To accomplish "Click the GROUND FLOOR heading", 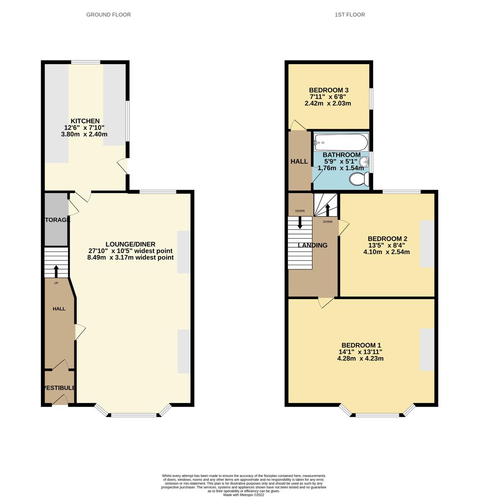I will coord(108,14).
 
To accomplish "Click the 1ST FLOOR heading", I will coord(350,14).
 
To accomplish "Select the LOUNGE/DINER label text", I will coord(130,244).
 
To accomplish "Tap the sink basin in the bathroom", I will coord(364,162).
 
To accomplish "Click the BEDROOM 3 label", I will coord(328,90).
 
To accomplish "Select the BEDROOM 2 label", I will coord(387,239).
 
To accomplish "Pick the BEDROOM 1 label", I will coord(361,345).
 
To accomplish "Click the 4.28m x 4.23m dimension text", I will coord(360,358).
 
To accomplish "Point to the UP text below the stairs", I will coord(56,283).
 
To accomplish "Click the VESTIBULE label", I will coord(59,388).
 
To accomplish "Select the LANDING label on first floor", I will coord(313,245).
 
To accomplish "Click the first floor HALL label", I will coord(299,162).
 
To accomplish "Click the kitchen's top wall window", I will coord(85,62).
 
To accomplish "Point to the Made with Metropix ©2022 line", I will coord(243,495).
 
